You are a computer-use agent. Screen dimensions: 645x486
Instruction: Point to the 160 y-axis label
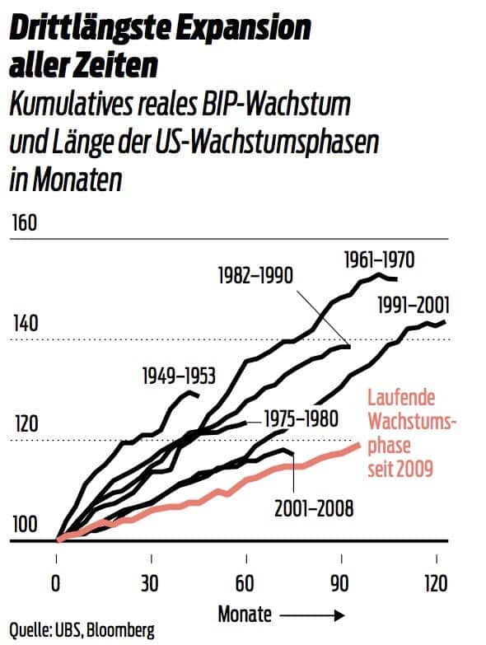[25, 224]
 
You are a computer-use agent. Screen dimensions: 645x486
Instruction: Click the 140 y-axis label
[25, 324]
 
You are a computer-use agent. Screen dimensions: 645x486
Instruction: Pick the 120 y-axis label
[25, 425]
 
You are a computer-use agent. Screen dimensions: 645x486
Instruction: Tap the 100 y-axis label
[25, 526]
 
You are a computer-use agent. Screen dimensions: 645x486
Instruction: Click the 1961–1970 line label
[378, 261]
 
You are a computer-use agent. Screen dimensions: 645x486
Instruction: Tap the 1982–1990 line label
[256, 274]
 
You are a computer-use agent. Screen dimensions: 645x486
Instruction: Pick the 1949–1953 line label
[178, 376]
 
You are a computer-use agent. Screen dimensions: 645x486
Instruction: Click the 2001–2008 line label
[315, 507]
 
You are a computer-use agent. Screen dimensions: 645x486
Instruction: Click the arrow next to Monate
[311, 614]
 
